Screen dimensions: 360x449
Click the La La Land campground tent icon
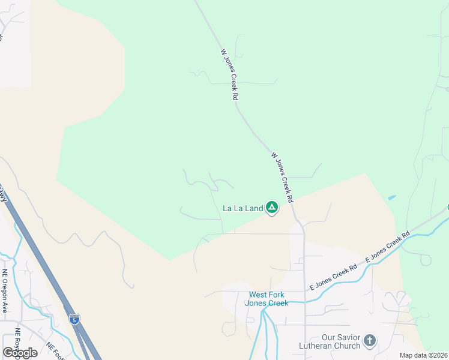pyautogui.click(x=272, y=208)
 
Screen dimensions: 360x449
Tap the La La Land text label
pyautogui.click(x=243, y=209)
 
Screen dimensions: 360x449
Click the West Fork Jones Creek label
pyautogui.click(x=267, y=299)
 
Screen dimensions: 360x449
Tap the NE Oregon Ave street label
pyautogui.click(x=5, y=291)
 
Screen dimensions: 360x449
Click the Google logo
pyautogui.click(x=20, y=353)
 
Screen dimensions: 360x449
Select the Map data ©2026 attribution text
pyautogui.click(x=424, y=355)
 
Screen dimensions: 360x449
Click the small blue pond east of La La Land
pyautogui.click(x=392, y=197)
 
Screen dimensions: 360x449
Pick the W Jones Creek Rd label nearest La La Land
pyautogui.click(x=282, y=176)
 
